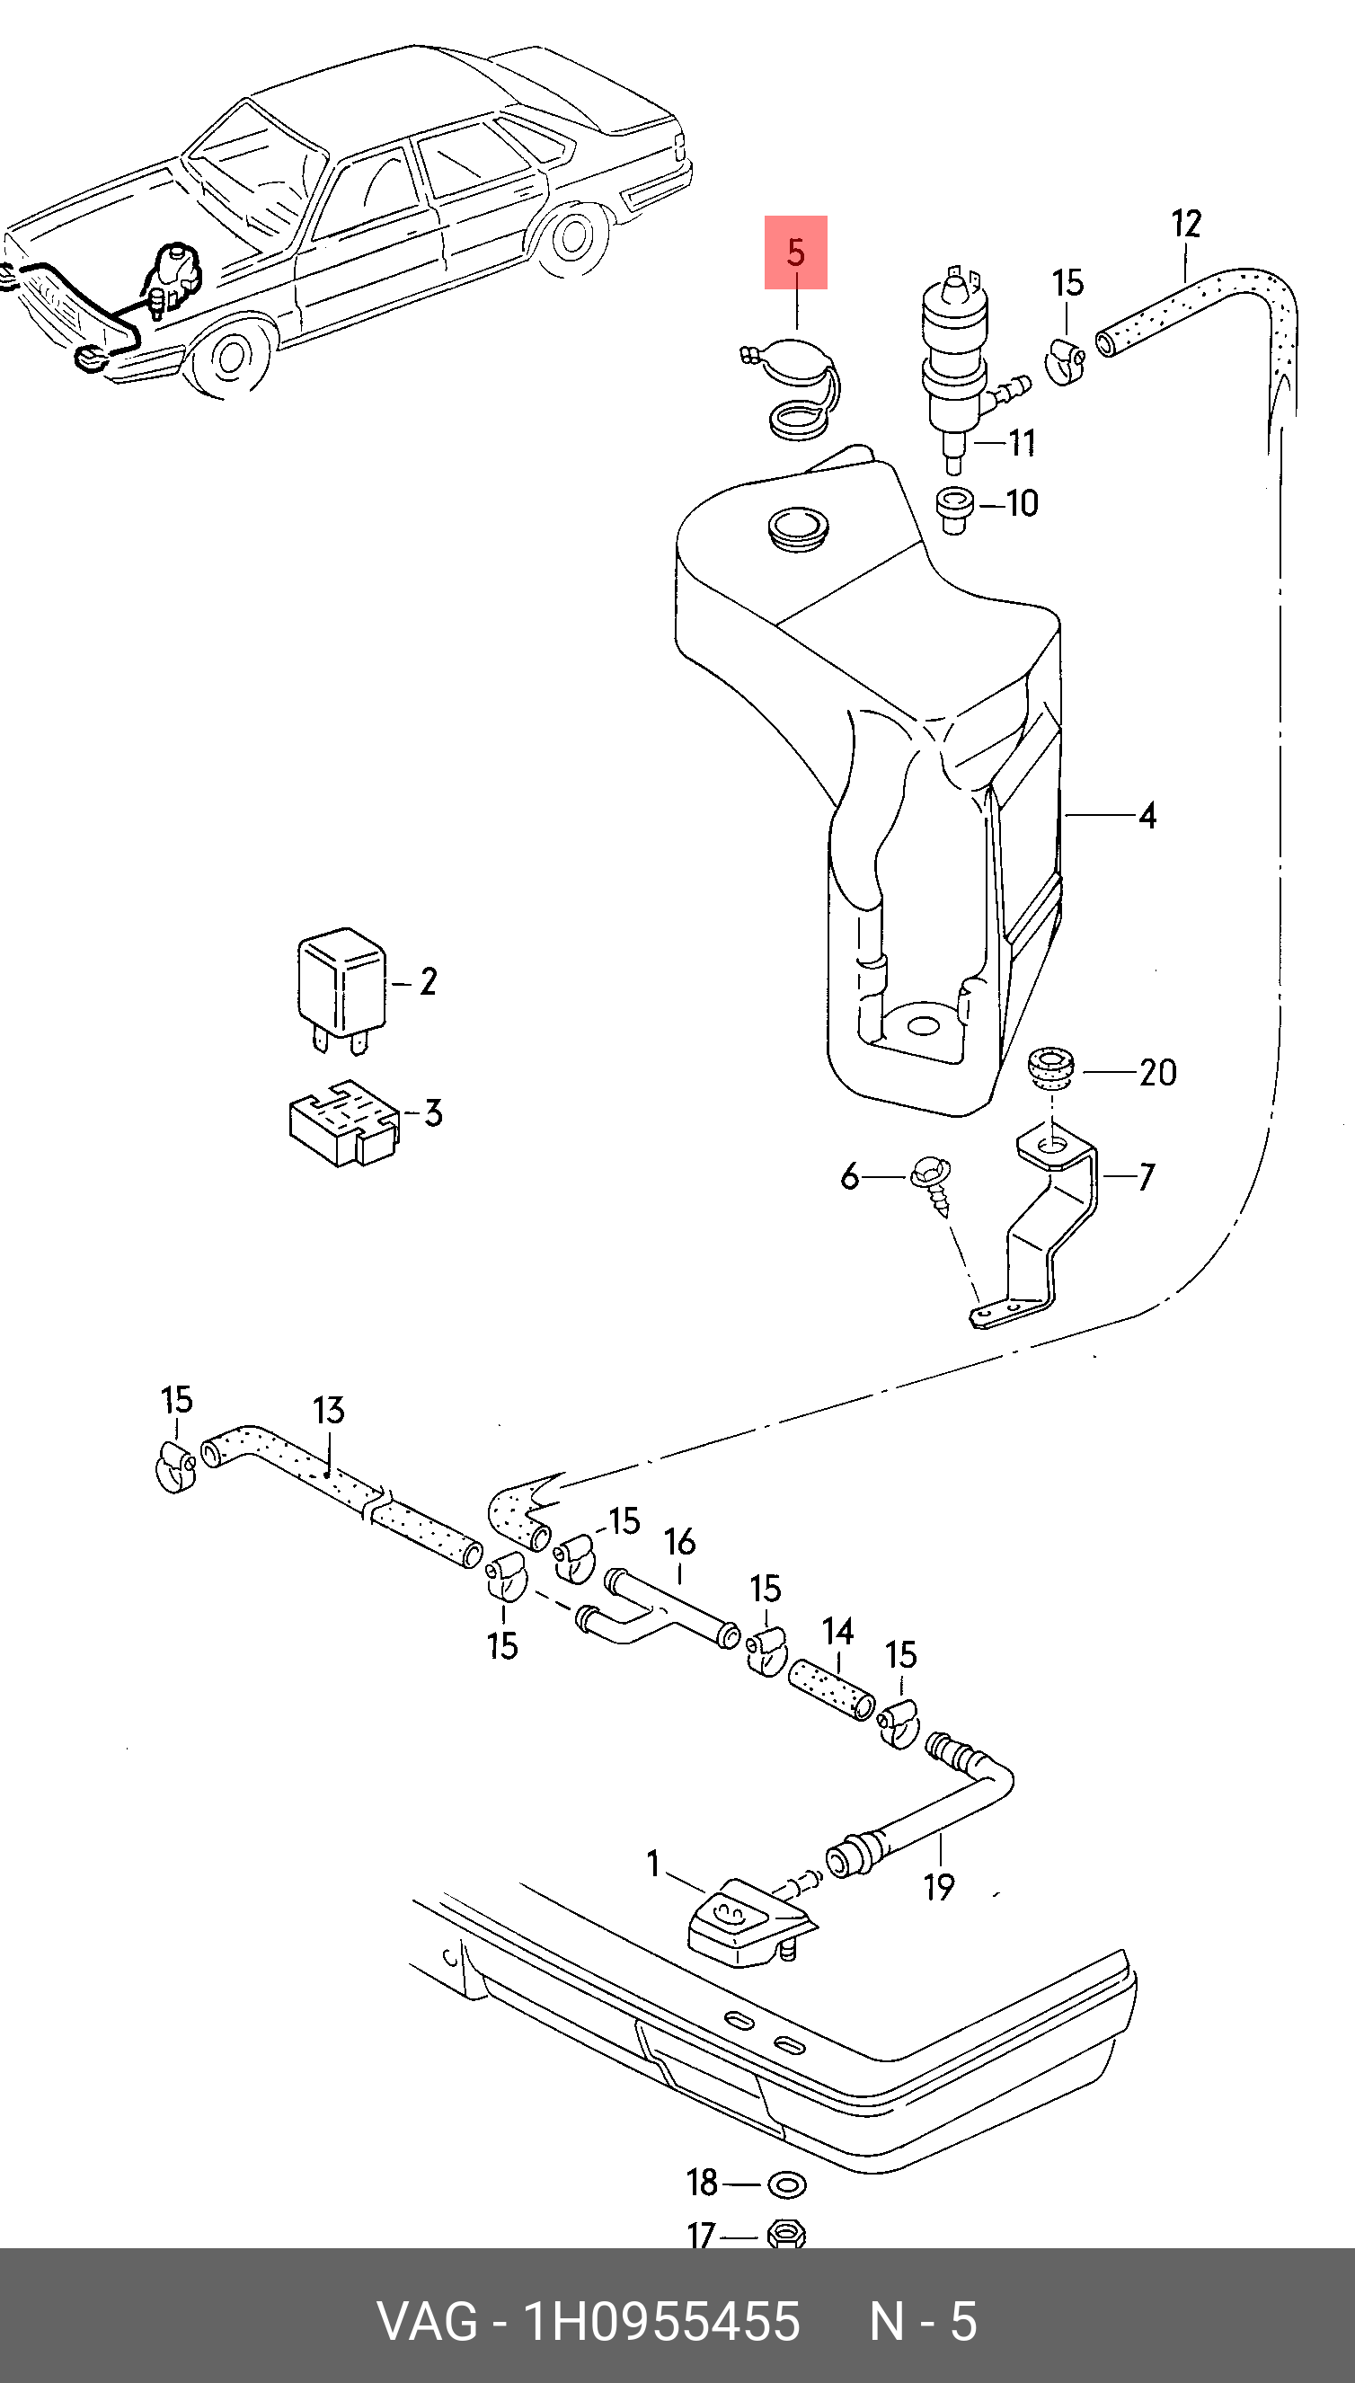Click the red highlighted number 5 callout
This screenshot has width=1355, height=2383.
coord(796,252)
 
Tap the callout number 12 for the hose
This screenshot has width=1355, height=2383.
coord(1187,225)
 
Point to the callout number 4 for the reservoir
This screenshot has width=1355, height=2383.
coord(1147,816)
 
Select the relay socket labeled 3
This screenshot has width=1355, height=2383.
coord(343,1122)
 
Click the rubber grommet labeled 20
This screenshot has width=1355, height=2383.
coord(1051,1069)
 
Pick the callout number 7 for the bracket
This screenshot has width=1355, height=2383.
coord(1147,1177)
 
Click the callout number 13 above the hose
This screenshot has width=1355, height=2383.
coord(329,1411)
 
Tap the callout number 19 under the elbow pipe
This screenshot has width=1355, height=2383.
coord(939,1886)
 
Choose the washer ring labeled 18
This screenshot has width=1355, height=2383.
coord(786,2184)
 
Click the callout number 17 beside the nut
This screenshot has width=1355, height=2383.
coord(702,2235)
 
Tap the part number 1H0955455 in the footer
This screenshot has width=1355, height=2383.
coord(661,2321)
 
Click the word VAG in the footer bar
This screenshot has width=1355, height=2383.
coord(427,2321)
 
